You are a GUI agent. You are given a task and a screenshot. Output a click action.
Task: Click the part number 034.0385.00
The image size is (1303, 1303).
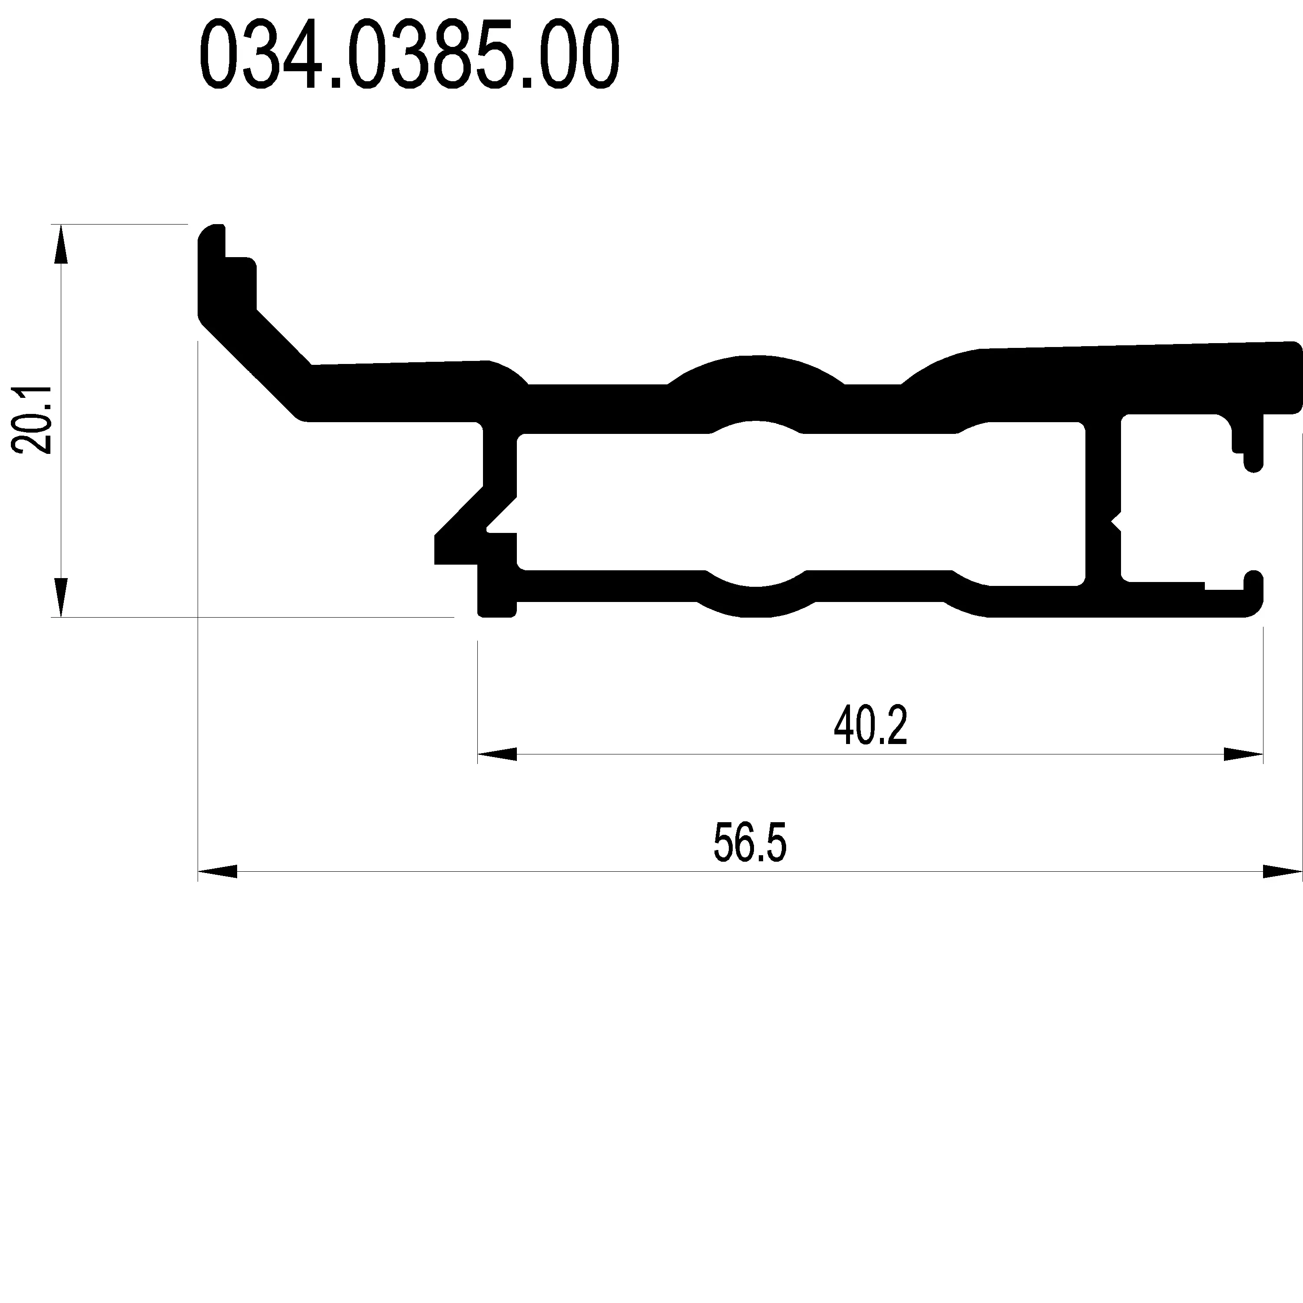coord(410,55)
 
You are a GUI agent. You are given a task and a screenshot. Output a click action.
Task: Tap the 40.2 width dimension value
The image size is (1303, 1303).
coord(871,725)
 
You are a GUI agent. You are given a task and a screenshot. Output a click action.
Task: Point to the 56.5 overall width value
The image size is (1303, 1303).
coord(750,842)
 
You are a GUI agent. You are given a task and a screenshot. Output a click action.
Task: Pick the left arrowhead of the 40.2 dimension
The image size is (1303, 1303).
coord(497,754)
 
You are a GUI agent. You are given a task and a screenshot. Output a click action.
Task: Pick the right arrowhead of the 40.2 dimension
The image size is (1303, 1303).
coord(1243,754)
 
